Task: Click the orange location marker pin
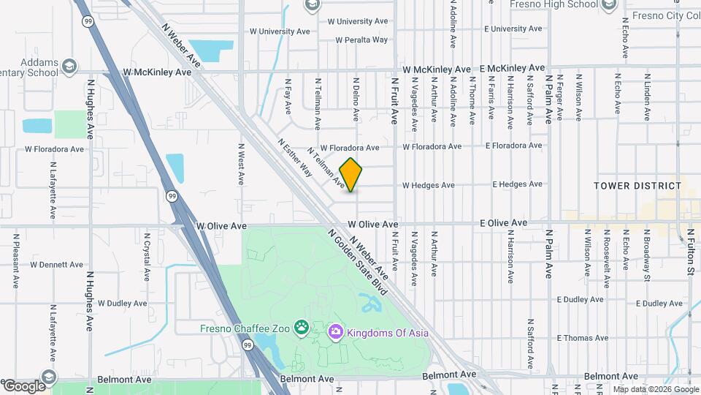[x=351, y=174]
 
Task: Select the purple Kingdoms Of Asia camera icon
[x=335, y=333]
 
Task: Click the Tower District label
[x=637, y=186]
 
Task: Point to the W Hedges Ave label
[x=428, y=186]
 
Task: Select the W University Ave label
[x=280, y=31]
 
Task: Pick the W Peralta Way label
[x=361, y=40]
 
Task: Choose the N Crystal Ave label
[x=147, y=257]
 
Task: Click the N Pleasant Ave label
[x=15, y=260]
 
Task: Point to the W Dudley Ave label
[x=123, y=303]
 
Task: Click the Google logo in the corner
[x=23, y=385]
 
